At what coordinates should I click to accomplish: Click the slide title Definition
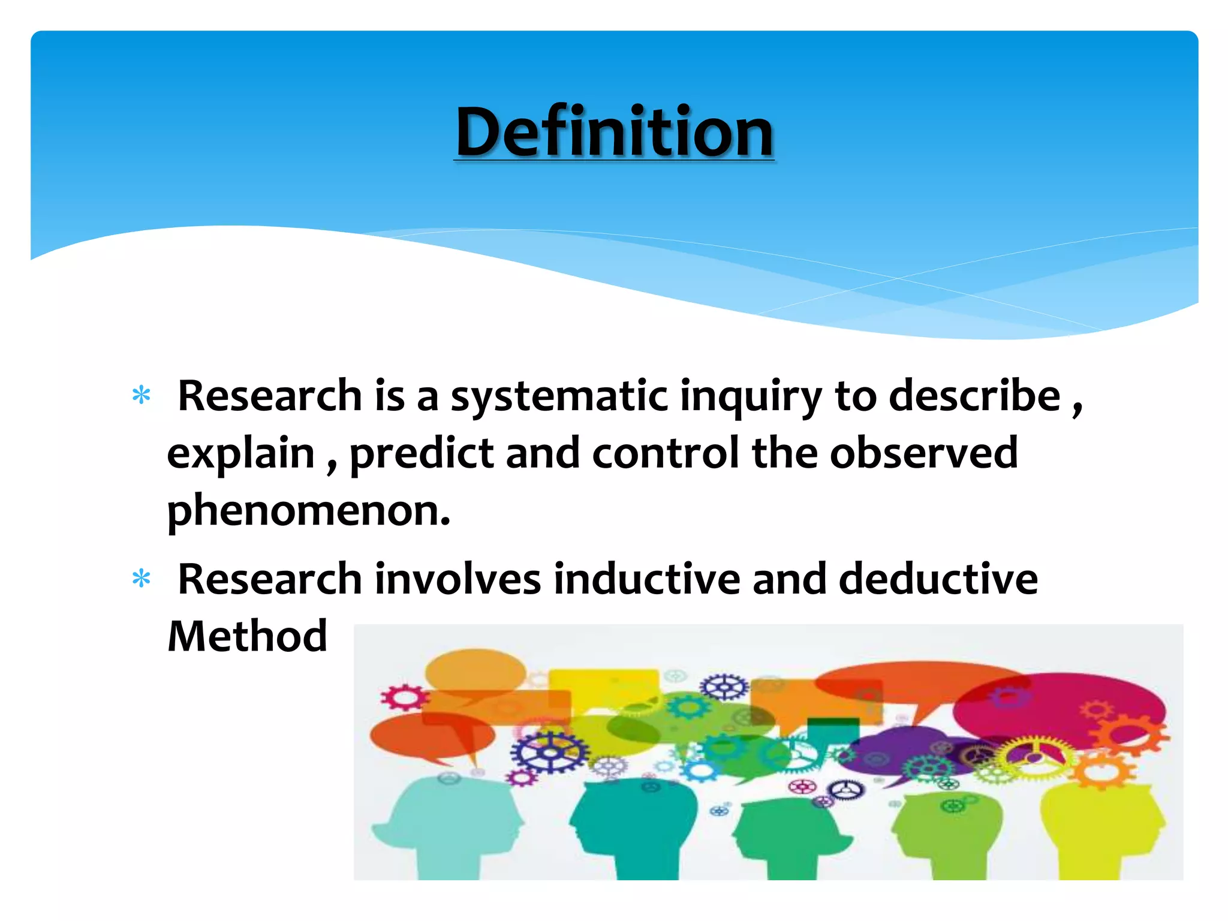(614, 132)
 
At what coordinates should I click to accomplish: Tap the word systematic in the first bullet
(559, 397)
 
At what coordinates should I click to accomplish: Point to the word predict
(421, 454)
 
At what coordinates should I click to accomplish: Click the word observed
(923, 453)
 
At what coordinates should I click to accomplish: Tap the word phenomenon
(308, 511)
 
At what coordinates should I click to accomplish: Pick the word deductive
(938, 579)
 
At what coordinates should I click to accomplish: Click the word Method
(247, 636)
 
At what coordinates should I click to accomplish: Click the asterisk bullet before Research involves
(142, 579)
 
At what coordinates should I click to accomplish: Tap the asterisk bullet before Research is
(142, 396)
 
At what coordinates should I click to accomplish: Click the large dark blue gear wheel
(549, 753)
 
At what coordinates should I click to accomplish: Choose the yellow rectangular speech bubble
(603, 687)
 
